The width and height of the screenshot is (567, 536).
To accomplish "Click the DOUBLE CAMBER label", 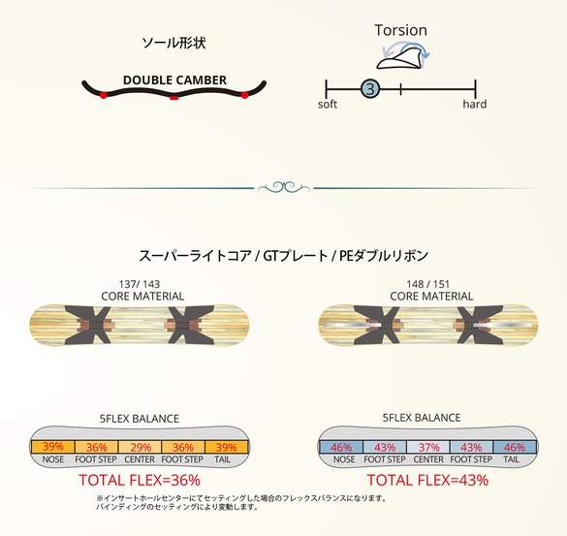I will (174, 79).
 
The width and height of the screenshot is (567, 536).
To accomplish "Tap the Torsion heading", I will (400, 29).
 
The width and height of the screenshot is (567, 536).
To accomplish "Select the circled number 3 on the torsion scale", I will (368, 89).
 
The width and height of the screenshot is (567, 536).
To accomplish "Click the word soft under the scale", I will (328, 105).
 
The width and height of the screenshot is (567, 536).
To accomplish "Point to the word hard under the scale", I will (474, 105).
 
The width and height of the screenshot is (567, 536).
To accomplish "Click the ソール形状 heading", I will (173, 44).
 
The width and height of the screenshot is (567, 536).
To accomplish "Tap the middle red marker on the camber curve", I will (173, 98).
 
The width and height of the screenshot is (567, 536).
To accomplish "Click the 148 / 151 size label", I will (430, 283).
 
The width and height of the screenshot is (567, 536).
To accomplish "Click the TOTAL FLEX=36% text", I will (142, 480).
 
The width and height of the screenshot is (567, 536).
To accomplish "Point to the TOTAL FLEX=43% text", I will (427, 480).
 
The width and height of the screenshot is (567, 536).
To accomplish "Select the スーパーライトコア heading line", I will (283, 258).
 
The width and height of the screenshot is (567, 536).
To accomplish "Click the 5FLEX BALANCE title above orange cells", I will (141, 419).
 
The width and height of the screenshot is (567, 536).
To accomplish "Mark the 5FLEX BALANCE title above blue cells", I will (428, 419).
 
